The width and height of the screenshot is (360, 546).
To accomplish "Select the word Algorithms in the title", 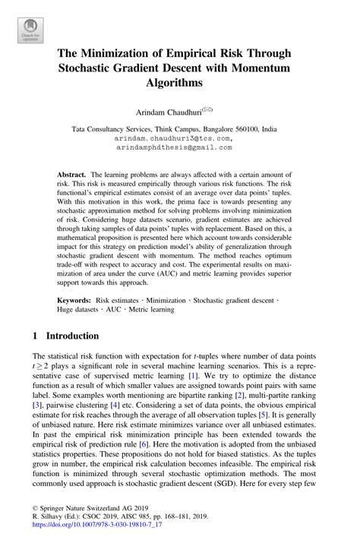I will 179,82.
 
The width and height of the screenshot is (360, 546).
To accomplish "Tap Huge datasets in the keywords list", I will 83,309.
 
